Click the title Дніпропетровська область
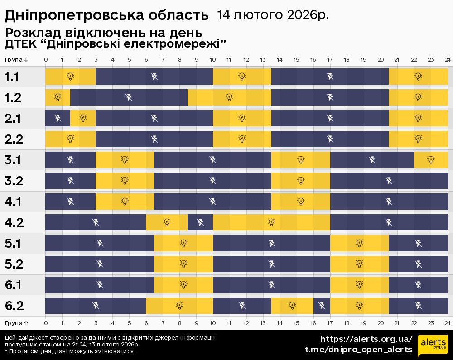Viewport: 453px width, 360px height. (x=106, y=15)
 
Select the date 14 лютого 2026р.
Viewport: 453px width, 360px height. (x=273, y=15)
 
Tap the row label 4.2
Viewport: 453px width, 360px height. (x=14, y=222)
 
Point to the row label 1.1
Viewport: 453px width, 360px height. (x=12, y=77)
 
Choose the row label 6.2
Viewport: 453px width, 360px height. (x=14, y=306)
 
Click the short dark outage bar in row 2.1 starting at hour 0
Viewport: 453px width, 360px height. (x=58, y=118)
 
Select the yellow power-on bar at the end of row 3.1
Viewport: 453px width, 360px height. (x=431, y=160)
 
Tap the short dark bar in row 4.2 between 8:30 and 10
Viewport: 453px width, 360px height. (x=200, y=222)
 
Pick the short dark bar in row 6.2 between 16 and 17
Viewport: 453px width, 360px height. (x=322, y=306)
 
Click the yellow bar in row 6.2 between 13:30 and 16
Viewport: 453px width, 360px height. (x=292, y=306)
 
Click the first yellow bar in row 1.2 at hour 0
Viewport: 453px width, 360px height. (x=58, y=97)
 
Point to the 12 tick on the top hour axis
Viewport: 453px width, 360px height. (x=246, y=60)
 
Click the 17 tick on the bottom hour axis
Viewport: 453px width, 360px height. (x=330, y=323)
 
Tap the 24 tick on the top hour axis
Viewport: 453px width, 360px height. (x=447, y=60)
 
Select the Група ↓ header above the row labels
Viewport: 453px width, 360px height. (x=17, y=60)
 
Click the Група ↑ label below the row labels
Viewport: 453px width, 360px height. (x=17, y=323)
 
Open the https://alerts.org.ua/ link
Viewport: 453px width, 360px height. (x=366, y=339)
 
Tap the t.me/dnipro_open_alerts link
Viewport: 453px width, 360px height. (x=358, y=350)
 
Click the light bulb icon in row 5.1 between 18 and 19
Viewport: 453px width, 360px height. (x=359, y=243)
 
